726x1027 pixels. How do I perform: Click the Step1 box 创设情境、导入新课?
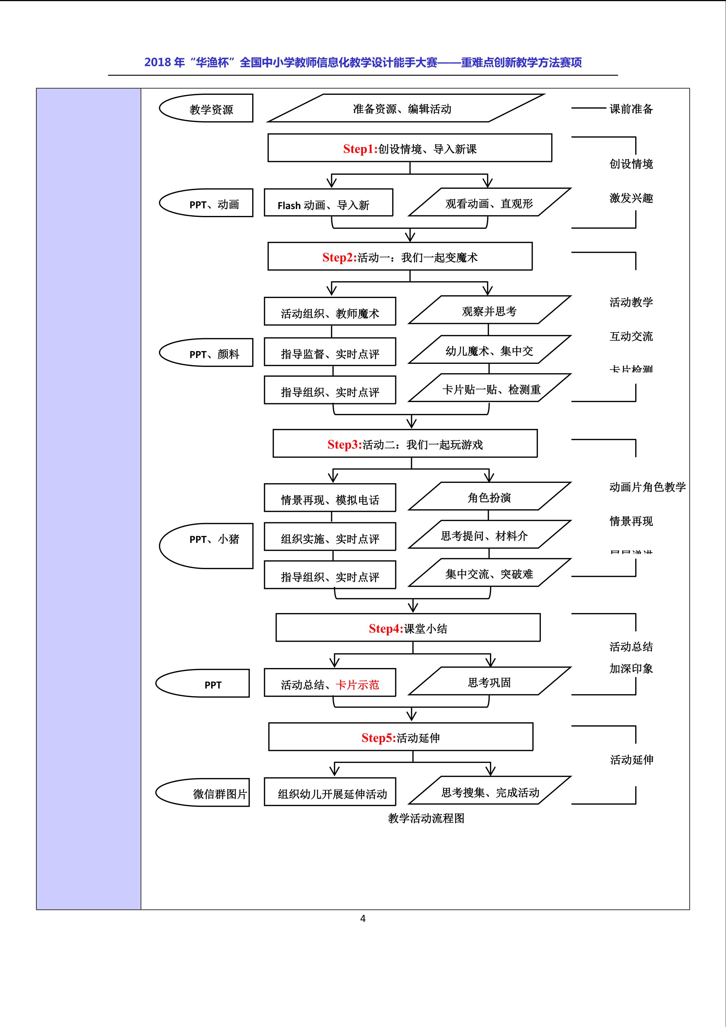coord(409,148)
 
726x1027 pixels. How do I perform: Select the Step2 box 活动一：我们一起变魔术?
coord(400,257)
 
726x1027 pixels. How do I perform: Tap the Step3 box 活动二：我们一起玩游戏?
coord(405,444)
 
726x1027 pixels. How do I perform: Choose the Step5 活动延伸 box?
coord(401,737)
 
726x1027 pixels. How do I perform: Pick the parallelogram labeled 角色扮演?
coord(489,497)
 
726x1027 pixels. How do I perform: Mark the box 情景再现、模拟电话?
coord(330,498)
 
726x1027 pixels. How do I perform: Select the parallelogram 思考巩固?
coord(489,682)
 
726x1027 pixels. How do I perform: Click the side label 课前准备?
coord(631,109)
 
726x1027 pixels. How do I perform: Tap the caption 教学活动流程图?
coord(426,818)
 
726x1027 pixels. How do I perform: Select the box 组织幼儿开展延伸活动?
coord(330,793)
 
